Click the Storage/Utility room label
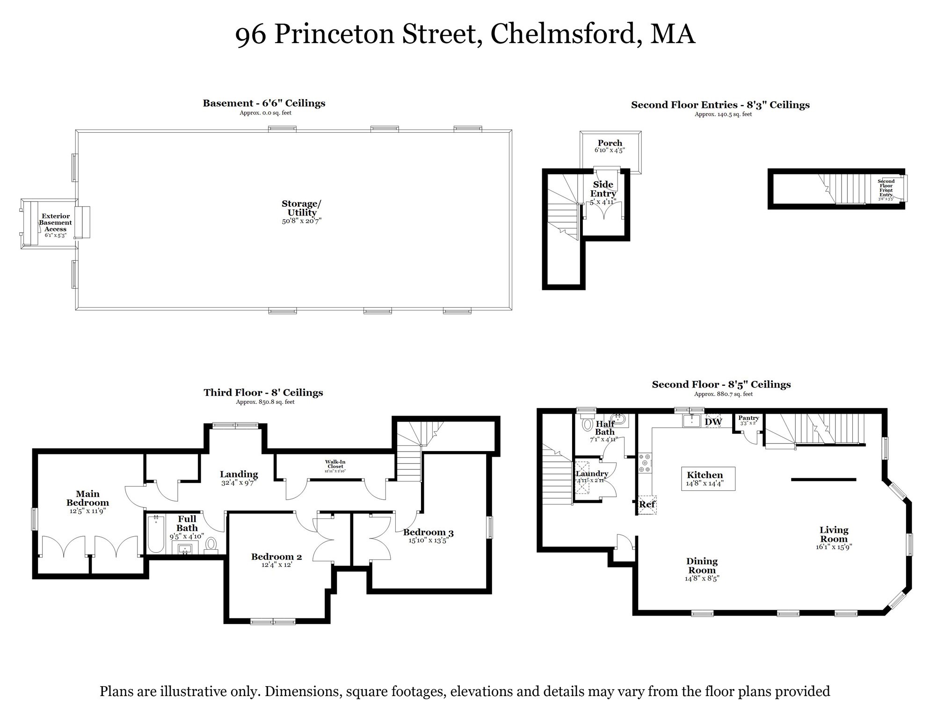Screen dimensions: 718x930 point(301,208)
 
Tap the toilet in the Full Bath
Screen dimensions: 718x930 point(211,544)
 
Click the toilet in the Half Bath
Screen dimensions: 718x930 point(587,424)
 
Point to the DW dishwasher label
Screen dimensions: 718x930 point(713,422)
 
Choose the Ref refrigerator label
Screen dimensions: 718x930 point(647,504)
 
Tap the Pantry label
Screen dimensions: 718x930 point(748,418)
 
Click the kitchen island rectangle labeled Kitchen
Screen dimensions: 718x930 point(708,479)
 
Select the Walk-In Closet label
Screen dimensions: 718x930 point(335,464)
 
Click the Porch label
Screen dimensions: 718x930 point(610,143)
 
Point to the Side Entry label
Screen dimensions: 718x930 point(603,189)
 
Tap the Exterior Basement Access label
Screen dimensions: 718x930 point(56,223)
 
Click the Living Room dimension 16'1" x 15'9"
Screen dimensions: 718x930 point(834,546)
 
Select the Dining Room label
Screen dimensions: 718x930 point(702,566)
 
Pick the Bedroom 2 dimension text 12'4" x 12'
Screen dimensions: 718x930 point(276,565)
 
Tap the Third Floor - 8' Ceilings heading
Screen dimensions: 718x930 point(263,393)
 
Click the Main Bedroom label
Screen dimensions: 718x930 point(87,498)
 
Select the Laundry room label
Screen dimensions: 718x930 point(592,474)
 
